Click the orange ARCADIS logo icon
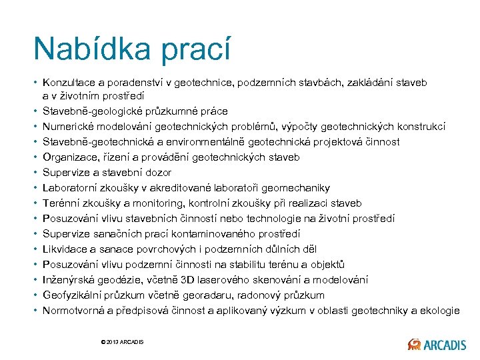coord(414,344)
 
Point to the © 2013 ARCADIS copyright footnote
coord(122,342)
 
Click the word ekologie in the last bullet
coord(439,311)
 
